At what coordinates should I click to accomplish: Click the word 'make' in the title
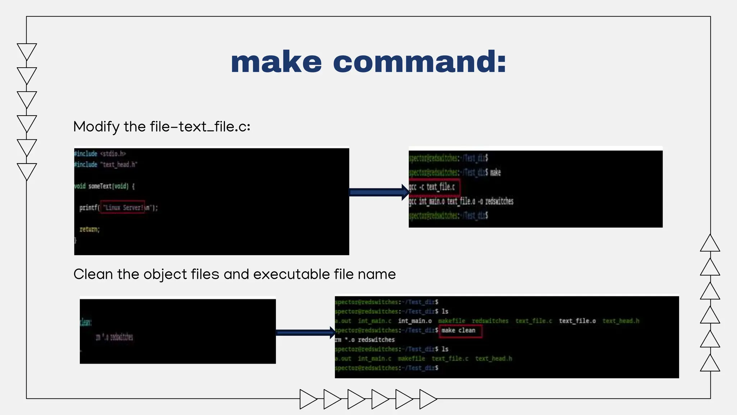pyautogui.click(x=276, y=62)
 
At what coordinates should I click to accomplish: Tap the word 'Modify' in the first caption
pyautogui.click(x=96, y=127)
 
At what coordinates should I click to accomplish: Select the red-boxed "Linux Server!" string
pyautogui.click(x=123, y=207)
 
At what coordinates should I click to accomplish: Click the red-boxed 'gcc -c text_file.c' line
pyautogui.click(x=434, y=187)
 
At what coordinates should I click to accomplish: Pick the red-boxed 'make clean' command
pyautogui.click(x=460, y=330)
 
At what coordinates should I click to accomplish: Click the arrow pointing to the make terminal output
pyautogui.click(x=379, y=192)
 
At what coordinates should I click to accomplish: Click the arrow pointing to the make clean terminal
pyautogui.click(x=305, y=333)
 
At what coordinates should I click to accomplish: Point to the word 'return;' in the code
pyautogui.click(x=89, y=229)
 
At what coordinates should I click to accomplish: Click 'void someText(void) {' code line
pyautogui.click(x=104, y=186)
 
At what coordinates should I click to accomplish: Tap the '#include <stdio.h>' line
pyautogui.click(x=100, y=154)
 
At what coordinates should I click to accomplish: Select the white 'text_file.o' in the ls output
pyautogui.click(x=577, y=321)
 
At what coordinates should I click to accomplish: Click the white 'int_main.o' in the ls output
pyautogui.click(x=415, y=321)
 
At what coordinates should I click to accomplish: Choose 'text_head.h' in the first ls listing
pyautogui.click(x=621, y=321)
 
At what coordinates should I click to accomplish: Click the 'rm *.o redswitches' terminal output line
pyautogui.click(x=365, y=340)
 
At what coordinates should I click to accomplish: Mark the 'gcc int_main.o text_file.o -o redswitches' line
pyautogui.click(x=461, y=201)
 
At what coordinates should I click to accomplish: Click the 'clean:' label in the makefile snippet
pyautogui.click(x=86, y=322)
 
